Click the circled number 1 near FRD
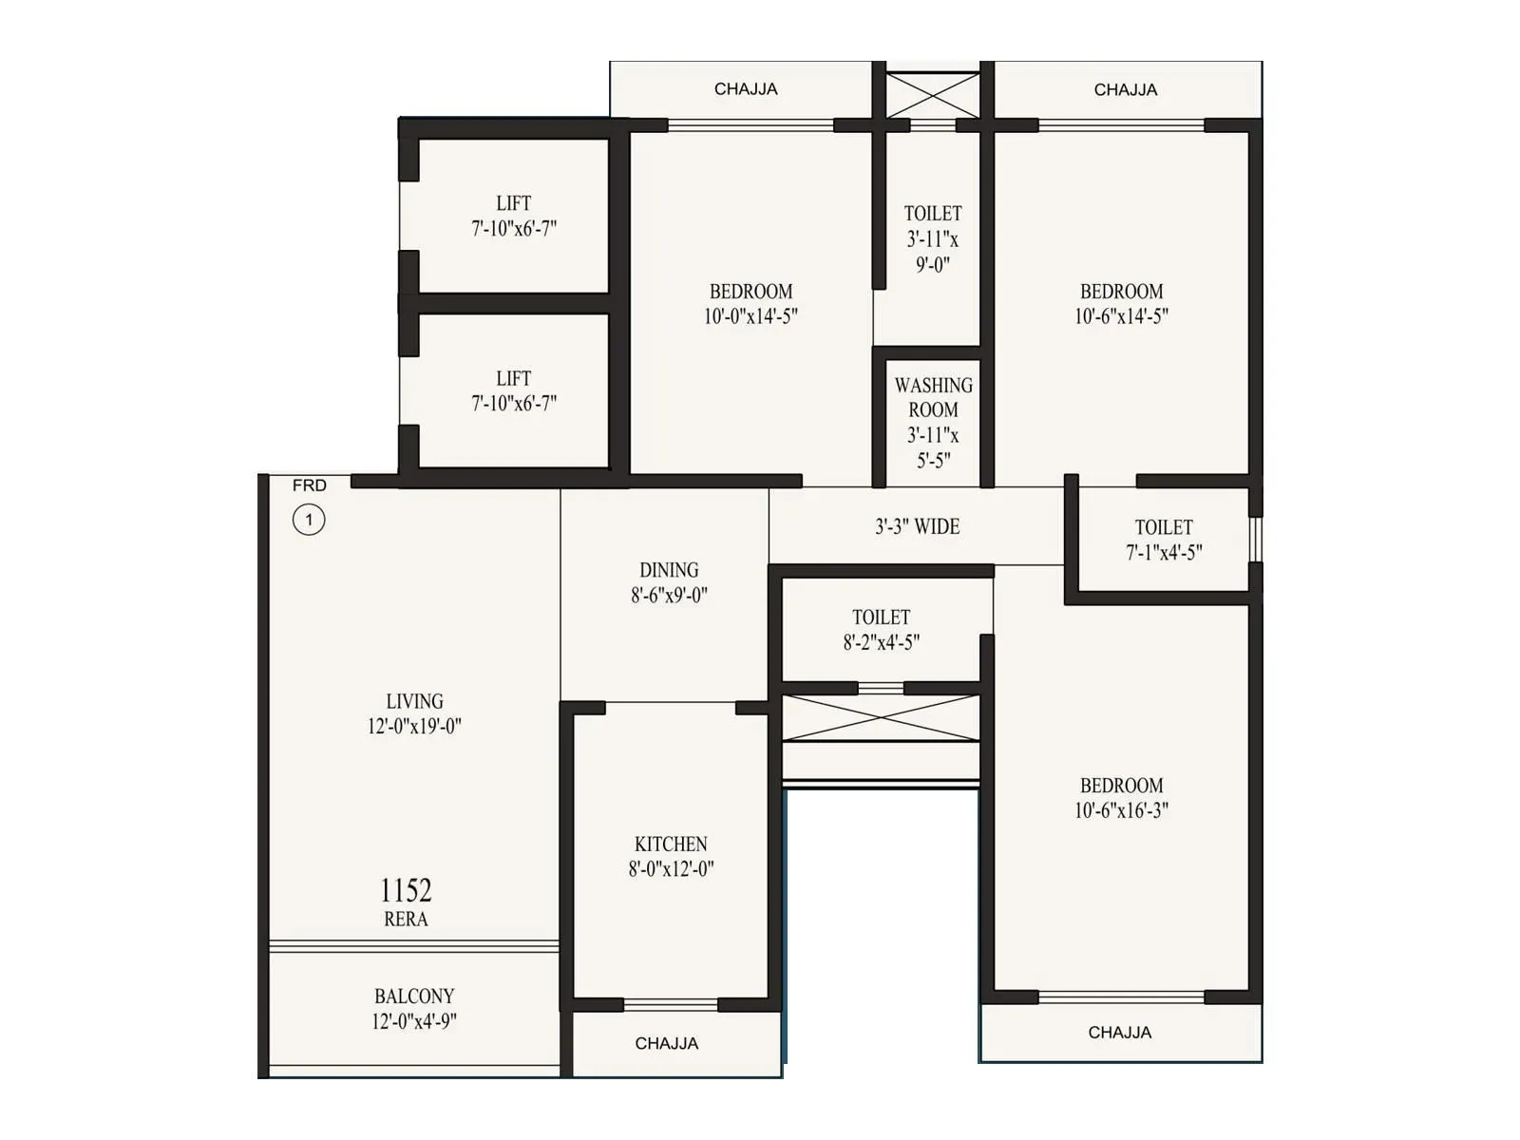(309, 520)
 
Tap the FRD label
(310, 485)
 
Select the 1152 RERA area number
(406, 891)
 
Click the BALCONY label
(414, 997)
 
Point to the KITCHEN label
(671, 845)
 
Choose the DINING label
(669, 570)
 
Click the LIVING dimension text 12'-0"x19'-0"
(414, 727)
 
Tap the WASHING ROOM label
(933, 398)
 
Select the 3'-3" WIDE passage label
(917, 526)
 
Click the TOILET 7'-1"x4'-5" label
(1164, 540)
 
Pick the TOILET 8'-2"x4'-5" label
(881, 630)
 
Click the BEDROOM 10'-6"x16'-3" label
(1121, 798)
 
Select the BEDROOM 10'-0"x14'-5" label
(750, 304)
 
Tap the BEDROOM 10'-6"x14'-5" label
(1121, 304)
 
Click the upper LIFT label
(513, 203)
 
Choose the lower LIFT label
(513, 378)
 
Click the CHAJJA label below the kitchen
(667, 1043)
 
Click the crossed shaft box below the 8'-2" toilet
(881, 718)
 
